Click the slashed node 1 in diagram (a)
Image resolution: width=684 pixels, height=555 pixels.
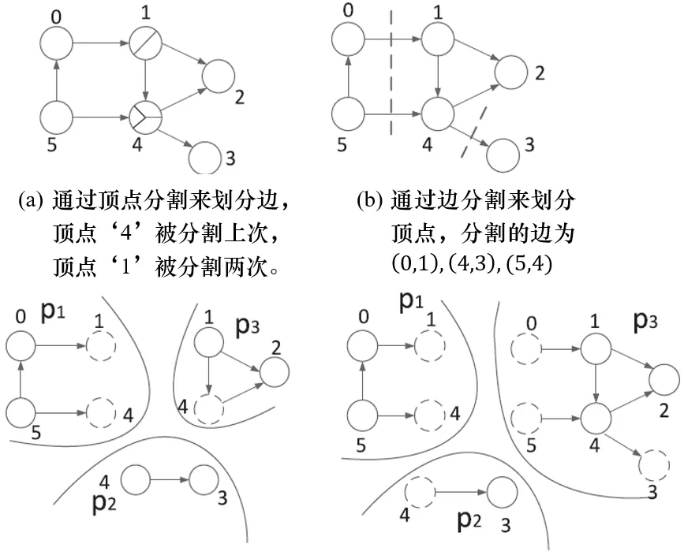(146, 42)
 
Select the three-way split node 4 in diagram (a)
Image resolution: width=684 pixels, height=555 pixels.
(146, 117)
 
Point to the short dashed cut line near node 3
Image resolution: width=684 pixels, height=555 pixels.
(473, 132)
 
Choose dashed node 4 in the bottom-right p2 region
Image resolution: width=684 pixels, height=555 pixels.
(419, 494)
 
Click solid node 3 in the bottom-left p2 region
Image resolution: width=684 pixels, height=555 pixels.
(206, 479)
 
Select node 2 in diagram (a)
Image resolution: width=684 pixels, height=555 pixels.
(219, 76)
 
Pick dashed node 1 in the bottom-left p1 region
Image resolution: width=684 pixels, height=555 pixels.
(100, 345)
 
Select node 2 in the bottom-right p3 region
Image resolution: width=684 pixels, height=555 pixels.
(663, 380)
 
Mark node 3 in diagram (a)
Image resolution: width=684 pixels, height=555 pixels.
(206, 155)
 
